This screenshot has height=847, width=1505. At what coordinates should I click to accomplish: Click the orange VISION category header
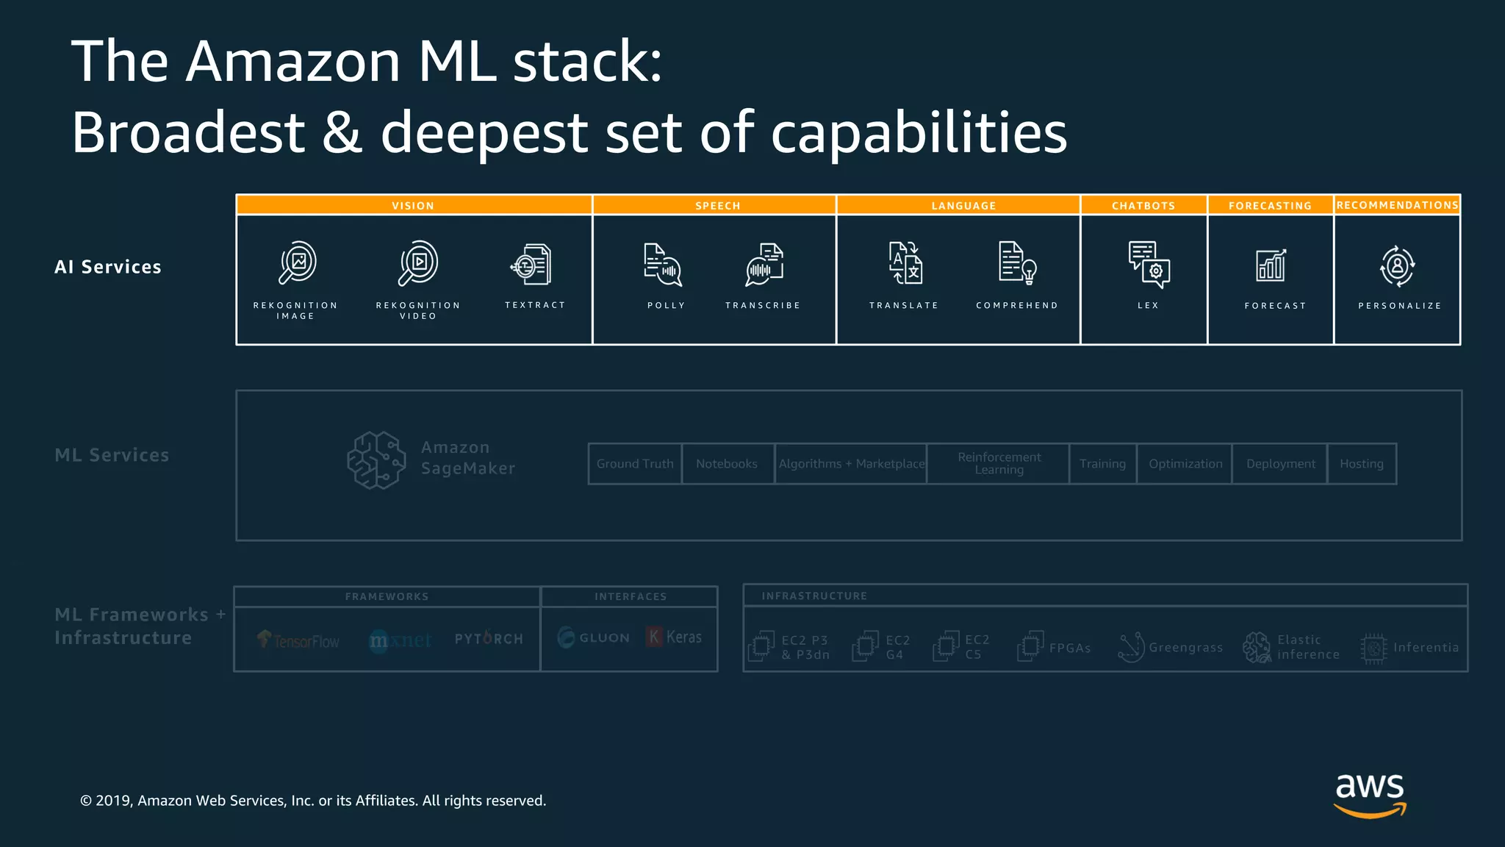413,205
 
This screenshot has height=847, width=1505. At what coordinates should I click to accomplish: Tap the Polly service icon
663,265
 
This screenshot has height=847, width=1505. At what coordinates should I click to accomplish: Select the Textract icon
531,265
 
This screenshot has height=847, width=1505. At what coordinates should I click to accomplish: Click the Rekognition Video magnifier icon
418,262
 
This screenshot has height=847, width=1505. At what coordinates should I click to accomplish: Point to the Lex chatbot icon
1149,264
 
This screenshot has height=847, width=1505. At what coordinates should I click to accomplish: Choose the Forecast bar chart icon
1271,265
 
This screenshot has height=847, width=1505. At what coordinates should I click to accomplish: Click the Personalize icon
1397,265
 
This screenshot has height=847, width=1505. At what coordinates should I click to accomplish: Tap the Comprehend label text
1017,305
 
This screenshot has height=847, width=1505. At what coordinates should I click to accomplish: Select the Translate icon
905,262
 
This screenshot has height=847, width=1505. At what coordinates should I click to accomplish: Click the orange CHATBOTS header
1143,205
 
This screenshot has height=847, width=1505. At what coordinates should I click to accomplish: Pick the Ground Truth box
635,464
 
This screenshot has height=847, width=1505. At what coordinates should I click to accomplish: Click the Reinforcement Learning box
999,463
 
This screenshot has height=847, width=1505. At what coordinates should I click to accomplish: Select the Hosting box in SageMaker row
1362,464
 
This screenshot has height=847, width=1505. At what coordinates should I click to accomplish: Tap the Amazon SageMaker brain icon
376,460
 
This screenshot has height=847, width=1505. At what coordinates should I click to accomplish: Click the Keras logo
674,637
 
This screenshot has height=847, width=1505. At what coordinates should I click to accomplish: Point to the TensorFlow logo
298,640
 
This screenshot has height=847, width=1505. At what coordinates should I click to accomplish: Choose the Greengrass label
1185,648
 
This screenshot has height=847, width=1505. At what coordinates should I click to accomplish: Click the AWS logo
1370,794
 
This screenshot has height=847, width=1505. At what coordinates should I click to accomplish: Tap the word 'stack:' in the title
587,61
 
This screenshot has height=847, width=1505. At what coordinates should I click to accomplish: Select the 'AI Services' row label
108,267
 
